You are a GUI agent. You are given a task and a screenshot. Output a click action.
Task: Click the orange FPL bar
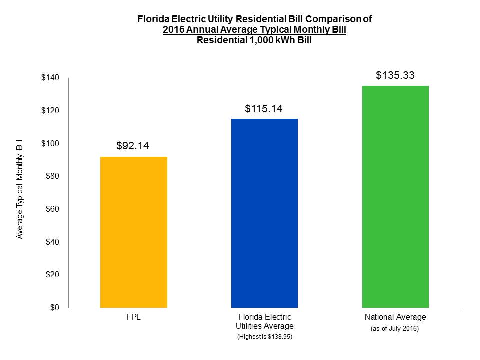[x=134, y=232]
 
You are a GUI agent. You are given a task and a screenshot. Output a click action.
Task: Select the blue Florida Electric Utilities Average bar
[x=264, y=213]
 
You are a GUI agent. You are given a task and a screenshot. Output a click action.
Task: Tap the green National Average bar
[x=395, y=197]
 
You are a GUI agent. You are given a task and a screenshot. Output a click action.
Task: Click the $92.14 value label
[x=133, y=146]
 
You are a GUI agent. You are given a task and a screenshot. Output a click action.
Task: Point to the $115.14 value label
[x=264, y=108]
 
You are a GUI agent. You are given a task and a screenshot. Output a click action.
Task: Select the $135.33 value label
[x=395, y=76]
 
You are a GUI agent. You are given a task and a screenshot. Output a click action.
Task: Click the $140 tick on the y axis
[x=50, y=78]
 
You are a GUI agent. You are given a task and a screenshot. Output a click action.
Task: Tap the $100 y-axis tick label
[x=50, y=144]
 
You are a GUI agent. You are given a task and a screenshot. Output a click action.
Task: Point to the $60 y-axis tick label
[x=52, y=209]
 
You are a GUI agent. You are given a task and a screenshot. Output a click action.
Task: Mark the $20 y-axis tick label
[x=52, y=275]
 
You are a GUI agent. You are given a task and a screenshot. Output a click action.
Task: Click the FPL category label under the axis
[x=134, y=317]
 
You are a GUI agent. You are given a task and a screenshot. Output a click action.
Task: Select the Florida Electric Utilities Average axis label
[x=264, y=322]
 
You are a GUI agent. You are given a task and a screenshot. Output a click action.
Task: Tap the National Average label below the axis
[x=395, y=317]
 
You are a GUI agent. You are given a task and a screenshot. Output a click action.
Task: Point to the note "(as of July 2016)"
[x=395, y=329]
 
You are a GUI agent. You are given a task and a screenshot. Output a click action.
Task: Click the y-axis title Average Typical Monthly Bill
[x=20, y=192]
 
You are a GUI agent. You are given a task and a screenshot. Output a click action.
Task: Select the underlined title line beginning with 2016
[x=254, y=30]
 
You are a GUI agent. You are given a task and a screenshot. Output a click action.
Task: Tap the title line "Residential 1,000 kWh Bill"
[x=254, y=41]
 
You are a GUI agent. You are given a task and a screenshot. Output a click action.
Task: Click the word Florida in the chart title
[x=153, y=20]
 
